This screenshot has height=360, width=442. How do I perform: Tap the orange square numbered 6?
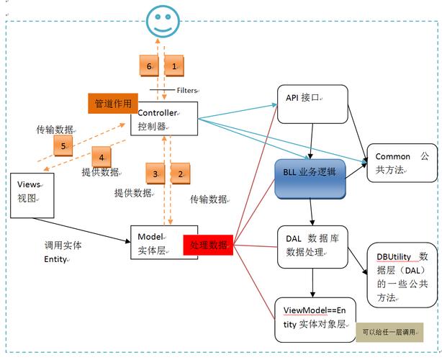149,66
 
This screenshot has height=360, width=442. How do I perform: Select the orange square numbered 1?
173,66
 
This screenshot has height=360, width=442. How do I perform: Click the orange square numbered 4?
102,156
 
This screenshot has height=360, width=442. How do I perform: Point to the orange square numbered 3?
155,174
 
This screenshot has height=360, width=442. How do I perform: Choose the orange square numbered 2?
179,174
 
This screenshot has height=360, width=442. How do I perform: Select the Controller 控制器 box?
163,118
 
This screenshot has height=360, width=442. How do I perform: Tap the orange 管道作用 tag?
113,104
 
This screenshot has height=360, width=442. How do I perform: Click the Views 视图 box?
33,194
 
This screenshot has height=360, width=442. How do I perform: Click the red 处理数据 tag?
209,246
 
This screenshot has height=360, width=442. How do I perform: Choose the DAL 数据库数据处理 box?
312,247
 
